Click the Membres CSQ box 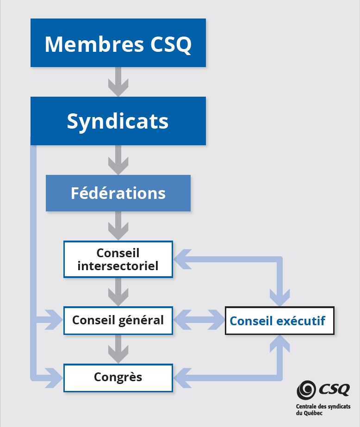click(118, 43)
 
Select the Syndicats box click(118, 121)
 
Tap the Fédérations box click(118, 193)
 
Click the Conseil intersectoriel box click(118, 259)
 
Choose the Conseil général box click(118, 320)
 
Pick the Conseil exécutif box click(279, 320)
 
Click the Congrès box click(118, 377)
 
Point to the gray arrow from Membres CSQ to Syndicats click(118, 82)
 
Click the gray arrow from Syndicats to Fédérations click(118, 160)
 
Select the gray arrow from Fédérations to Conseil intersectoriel click(118, 226)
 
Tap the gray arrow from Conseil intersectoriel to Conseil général click(118, 292)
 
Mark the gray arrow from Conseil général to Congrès click(118, 349)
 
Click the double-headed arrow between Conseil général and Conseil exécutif click(199, 320)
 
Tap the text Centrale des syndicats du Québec click(323, 410)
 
